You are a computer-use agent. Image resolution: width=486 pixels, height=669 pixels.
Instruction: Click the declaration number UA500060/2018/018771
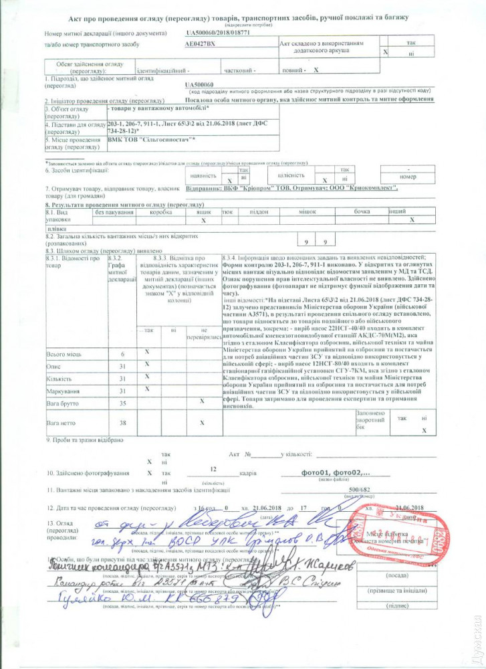pyautogui.click(x=217, y=33)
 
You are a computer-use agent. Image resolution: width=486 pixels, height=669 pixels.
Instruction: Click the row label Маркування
pyautogui.click(x=61, y=391)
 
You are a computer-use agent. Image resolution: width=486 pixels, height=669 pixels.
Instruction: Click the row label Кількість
pyautogui.click(x=60, y=379)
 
